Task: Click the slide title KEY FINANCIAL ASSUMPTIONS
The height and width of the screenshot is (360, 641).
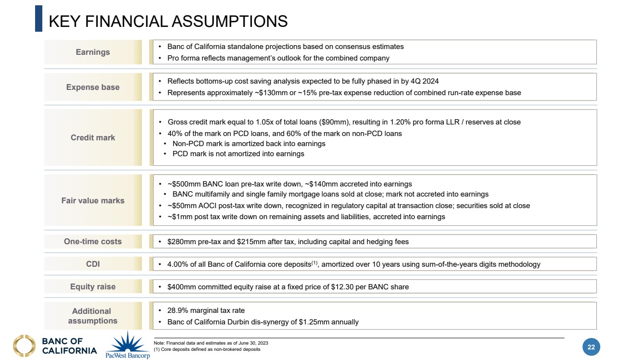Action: click(x=168, y=21)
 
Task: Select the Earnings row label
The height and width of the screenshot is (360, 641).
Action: click(x=93, y=52)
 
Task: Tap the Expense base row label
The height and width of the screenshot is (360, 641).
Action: click(x=93, y=87)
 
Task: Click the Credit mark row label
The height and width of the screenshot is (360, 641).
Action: click(x=93, y=137)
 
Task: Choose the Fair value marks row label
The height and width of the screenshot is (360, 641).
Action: click(x=93, y=200)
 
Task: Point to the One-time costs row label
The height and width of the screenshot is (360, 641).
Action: click(x=93, y=241)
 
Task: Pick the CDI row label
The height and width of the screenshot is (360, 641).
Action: click(x=93, y=264)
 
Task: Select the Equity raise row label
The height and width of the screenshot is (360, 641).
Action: click(x=93, y=286)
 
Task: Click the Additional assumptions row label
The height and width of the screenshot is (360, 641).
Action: click(x=93, y=316)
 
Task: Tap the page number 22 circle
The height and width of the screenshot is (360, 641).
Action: click(x=591, y=347)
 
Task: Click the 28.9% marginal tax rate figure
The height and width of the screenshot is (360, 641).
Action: click(x=177, y=310)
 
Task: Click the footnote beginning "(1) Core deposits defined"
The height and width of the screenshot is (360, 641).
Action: click(x=207, y=349)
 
